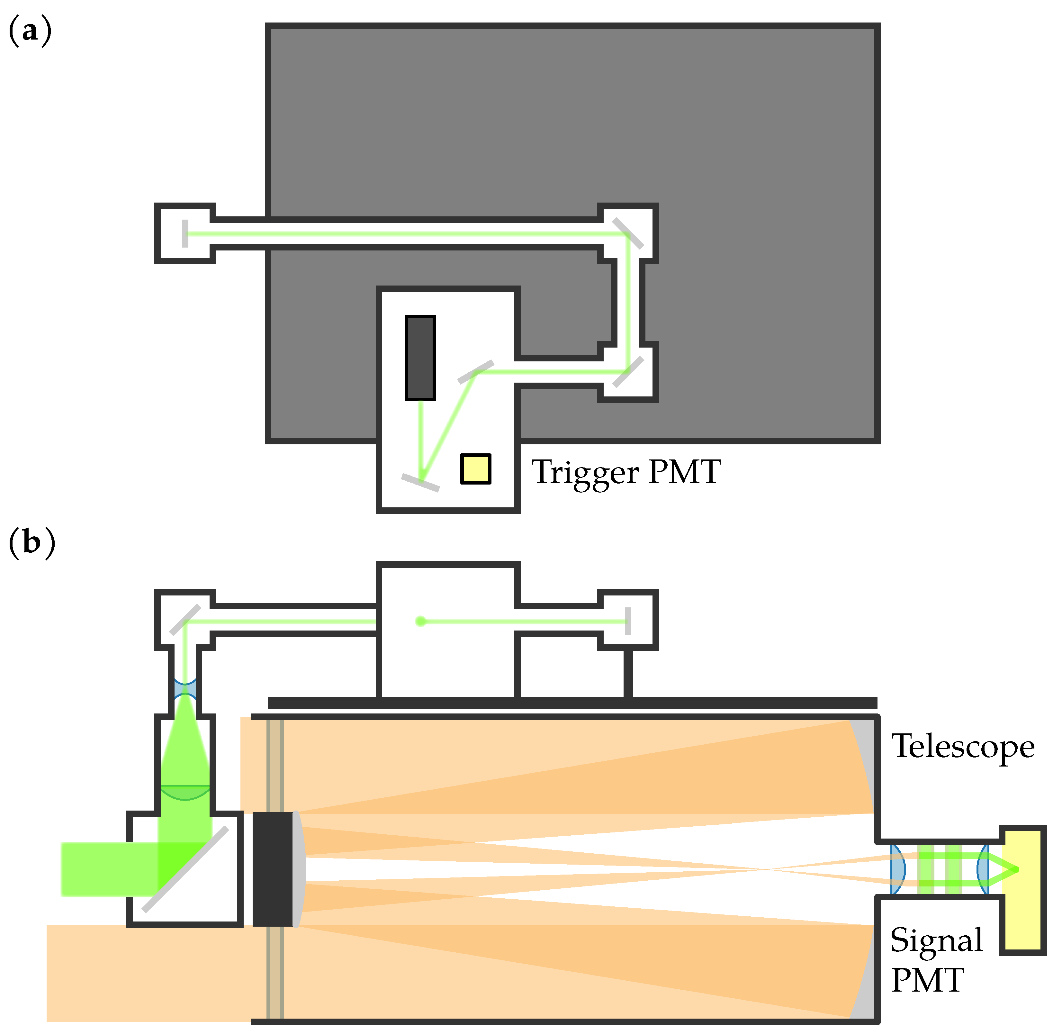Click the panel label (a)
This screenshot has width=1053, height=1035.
31,32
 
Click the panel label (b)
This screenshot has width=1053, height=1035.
32,542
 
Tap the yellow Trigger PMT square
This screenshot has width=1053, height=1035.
475,468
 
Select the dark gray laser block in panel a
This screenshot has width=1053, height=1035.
420,358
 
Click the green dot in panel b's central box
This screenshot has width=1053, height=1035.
420,621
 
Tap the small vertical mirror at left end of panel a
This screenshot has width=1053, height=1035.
185,233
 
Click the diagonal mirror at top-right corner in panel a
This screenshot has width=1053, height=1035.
628,233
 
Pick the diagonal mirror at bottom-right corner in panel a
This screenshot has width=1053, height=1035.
628,372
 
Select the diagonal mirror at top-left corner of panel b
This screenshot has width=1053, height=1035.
185,620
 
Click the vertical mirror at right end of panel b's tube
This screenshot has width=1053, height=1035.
628,621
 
